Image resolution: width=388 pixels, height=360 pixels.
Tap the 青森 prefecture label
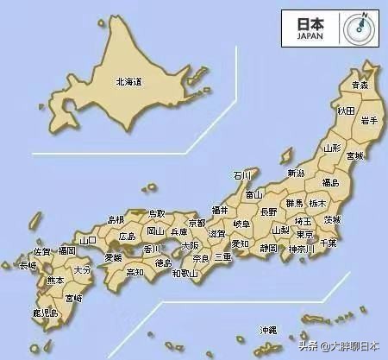coord(360,85)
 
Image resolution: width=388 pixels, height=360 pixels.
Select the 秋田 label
coord(346,111)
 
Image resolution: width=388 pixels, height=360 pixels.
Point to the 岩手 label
coord(370,121)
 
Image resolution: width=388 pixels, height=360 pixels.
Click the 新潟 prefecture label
coord(296,172)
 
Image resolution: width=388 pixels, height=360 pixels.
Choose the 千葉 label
coord(329,244)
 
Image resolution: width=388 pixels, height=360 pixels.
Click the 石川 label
coord(242,175)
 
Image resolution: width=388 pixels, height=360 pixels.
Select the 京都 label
coord(197,223)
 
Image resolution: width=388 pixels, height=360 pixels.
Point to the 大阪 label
coord(190,245)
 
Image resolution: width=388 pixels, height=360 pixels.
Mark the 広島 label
coord(128,236)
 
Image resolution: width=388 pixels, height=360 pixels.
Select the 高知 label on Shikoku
coord(135,272)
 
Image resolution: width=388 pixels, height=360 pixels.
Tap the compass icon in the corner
coord(358,28)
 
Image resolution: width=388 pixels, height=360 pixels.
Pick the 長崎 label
coord(28,266)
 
